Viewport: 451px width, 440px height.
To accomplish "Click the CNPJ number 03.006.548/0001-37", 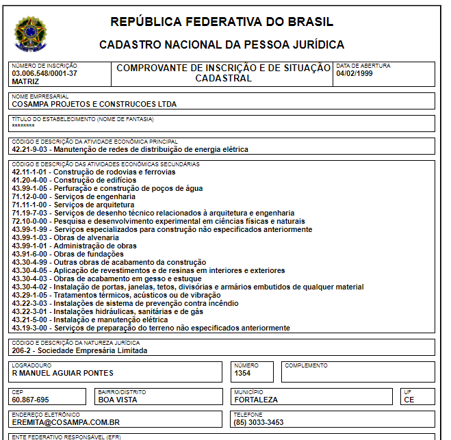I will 44,73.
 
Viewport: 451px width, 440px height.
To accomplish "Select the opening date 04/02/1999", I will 355,73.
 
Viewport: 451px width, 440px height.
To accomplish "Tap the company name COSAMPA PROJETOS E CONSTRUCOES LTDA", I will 94,105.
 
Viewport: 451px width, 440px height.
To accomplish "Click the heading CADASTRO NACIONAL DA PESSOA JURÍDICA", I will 222,45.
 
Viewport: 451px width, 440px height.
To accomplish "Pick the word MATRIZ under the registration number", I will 26,81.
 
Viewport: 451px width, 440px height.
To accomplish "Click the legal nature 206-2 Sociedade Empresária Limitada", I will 79,350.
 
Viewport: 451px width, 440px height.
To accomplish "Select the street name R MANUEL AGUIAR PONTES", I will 63,373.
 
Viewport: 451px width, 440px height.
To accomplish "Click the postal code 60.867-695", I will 31,400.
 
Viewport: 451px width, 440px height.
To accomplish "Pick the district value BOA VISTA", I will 118,400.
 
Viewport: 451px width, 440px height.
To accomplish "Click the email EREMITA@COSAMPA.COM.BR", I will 66,422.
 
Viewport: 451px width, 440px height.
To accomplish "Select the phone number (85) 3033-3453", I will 259,422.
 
